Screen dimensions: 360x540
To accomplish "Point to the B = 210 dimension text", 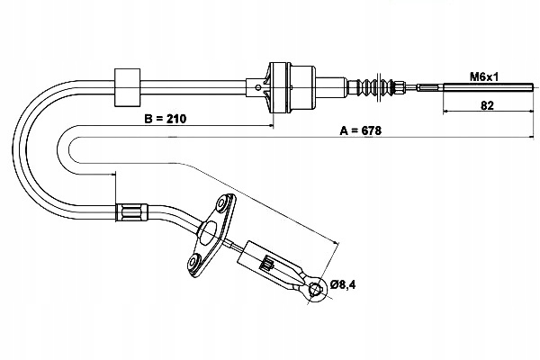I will click(x=160, y=117).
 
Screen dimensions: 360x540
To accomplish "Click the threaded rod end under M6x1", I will click(x=468, y=86).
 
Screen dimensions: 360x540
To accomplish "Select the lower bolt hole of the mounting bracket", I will click(x=195, y=264).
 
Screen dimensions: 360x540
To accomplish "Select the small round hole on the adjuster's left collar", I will click(x=258, y=87).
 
